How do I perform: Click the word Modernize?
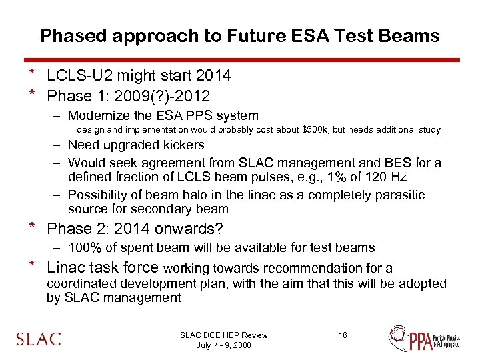pyautogui.click(x=101, y=115)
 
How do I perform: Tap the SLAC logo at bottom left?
pyautogui.click(x=39, y=338)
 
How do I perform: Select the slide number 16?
pyautogui.click(x=343, y=335)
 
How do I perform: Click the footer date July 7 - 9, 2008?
pyautogui.click(x=223, y=345)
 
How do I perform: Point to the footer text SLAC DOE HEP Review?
pyautogui.click(x=223, y=335)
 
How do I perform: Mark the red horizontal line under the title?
pyautogui.click(x=240, y=59)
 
